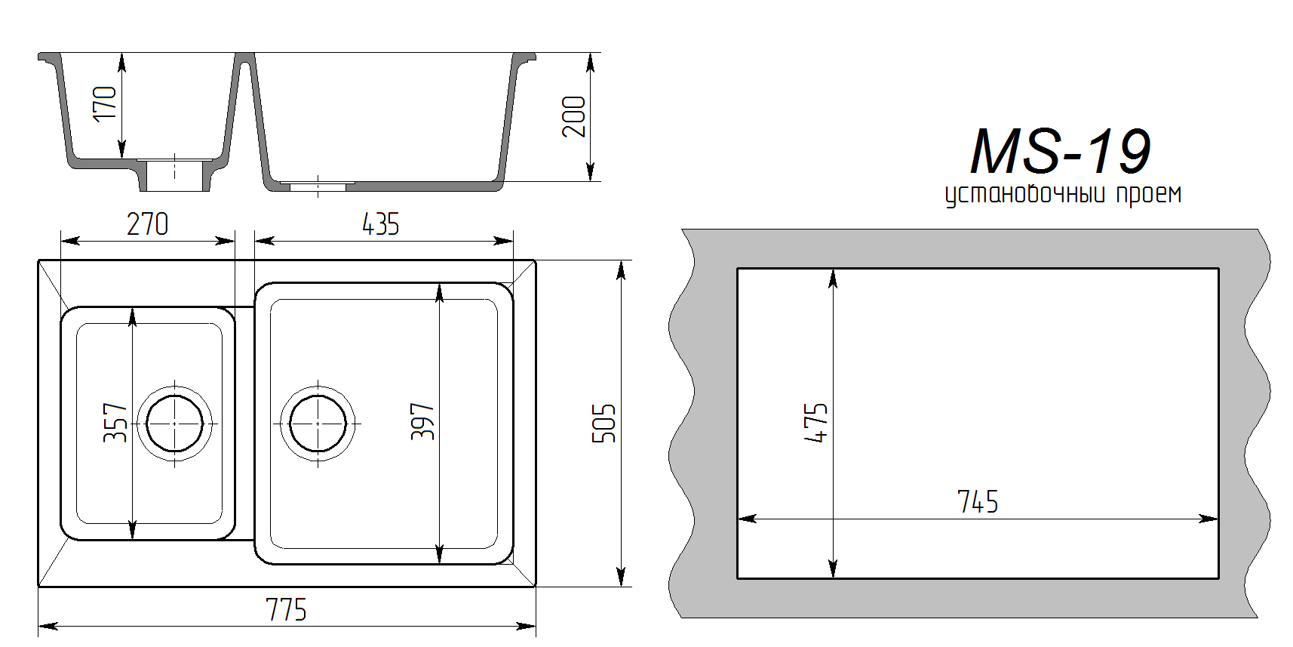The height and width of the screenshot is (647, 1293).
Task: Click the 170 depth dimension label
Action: [104, 103]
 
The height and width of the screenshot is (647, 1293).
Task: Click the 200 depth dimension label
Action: [573, 117]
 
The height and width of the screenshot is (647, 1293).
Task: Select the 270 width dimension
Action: [148, 224]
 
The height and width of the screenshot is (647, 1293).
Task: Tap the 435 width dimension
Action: [380, 224]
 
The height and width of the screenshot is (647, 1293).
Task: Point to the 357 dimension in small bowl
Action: [115, 423]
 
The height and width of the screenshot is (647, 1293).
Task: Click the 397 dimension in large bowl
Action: [422, 422]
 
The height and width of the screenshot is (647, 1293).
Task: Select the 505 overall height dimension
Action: [604, 424]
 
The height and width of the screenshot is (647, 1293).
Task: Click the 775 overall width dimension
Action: [286, 610]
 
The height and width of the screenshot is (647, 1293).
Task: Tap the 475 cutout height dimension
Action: [815, 423]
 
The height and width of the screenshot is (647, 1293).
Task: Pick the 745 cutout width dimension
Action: [978, 502]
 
